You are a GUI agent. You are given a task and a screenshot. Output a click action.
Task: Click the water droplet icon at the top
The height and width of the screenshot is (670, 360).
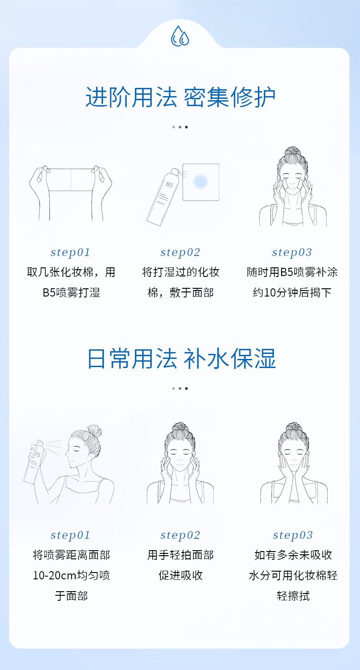[x=180, y=36]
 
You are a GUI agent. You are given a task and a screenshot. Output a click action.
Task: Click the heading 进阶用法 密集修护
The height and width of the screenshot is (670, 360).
[x=180, y=97]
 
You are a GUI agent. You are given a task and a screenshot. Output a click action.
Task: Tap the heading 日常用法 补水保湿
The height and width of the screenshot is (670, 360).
[x=181, y=358]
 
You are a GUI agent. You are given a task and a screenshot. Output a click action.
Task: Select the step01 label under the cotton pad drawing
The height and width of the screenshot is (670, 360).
[x=70, y=252]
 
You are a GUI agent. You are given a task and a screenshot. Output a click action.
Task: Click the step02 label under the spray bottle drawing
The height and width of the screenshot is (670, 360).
[x=180, y=252]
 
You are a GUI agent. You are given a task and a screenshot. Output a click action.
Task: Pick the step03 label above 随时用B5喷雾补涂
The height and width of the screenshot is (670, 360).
[x=292, y=252]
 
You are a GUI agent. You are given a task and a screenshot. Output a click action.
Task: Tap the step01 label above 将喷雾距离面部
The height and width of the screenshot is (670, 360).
[x=70, y=535]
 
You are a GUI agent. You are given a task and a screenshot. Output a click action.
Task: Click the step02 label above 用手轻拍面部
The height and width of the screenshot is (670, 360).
[x=180, y=535]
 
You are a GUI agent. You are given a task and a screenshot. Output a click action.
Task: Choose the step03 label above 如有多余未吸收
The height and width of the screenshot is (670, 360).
[x=293, y=535]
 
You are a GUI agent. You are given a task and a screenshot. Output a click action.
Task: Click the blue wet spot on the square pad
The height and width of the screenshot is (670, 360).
[x=200, y=181]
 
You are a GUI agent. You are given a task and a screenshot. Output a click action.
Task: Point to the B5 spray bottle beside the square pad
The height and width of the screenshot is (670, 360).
[x=163, y=196]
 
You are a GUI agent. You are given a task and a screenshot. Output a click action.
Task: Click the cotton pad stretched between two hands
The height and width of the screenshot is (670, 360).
[x=71, y=179]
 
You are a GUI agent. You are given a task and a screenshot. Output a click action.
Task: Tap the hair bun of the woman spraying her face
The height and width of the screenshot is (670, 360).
[x=95, y=431]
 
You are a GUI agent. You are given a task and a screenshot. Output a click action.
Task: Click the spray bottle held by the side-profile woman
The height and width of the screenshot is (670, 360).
[x=34, y=460]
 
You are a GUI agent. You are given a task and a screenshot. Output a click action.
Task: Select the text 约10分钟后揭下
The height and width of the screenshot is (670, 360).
[x=292, y=292]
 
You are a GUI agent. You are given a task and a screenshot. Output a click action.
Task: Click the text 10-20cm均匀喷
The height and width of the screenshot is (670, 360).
[x=71, y=575]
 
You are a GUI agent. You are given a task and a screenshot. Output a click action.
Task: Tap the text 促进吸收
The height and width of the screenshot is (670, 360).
[x=180, y=575]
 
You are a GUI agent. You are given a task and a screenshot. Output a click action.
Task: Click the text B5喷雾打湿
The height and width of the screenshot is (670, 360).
[x=71, y=292]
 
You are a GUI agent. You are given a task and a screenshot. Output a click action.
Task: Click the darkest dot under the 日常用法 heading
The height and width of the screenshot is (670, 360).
[x=186, y=389]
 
